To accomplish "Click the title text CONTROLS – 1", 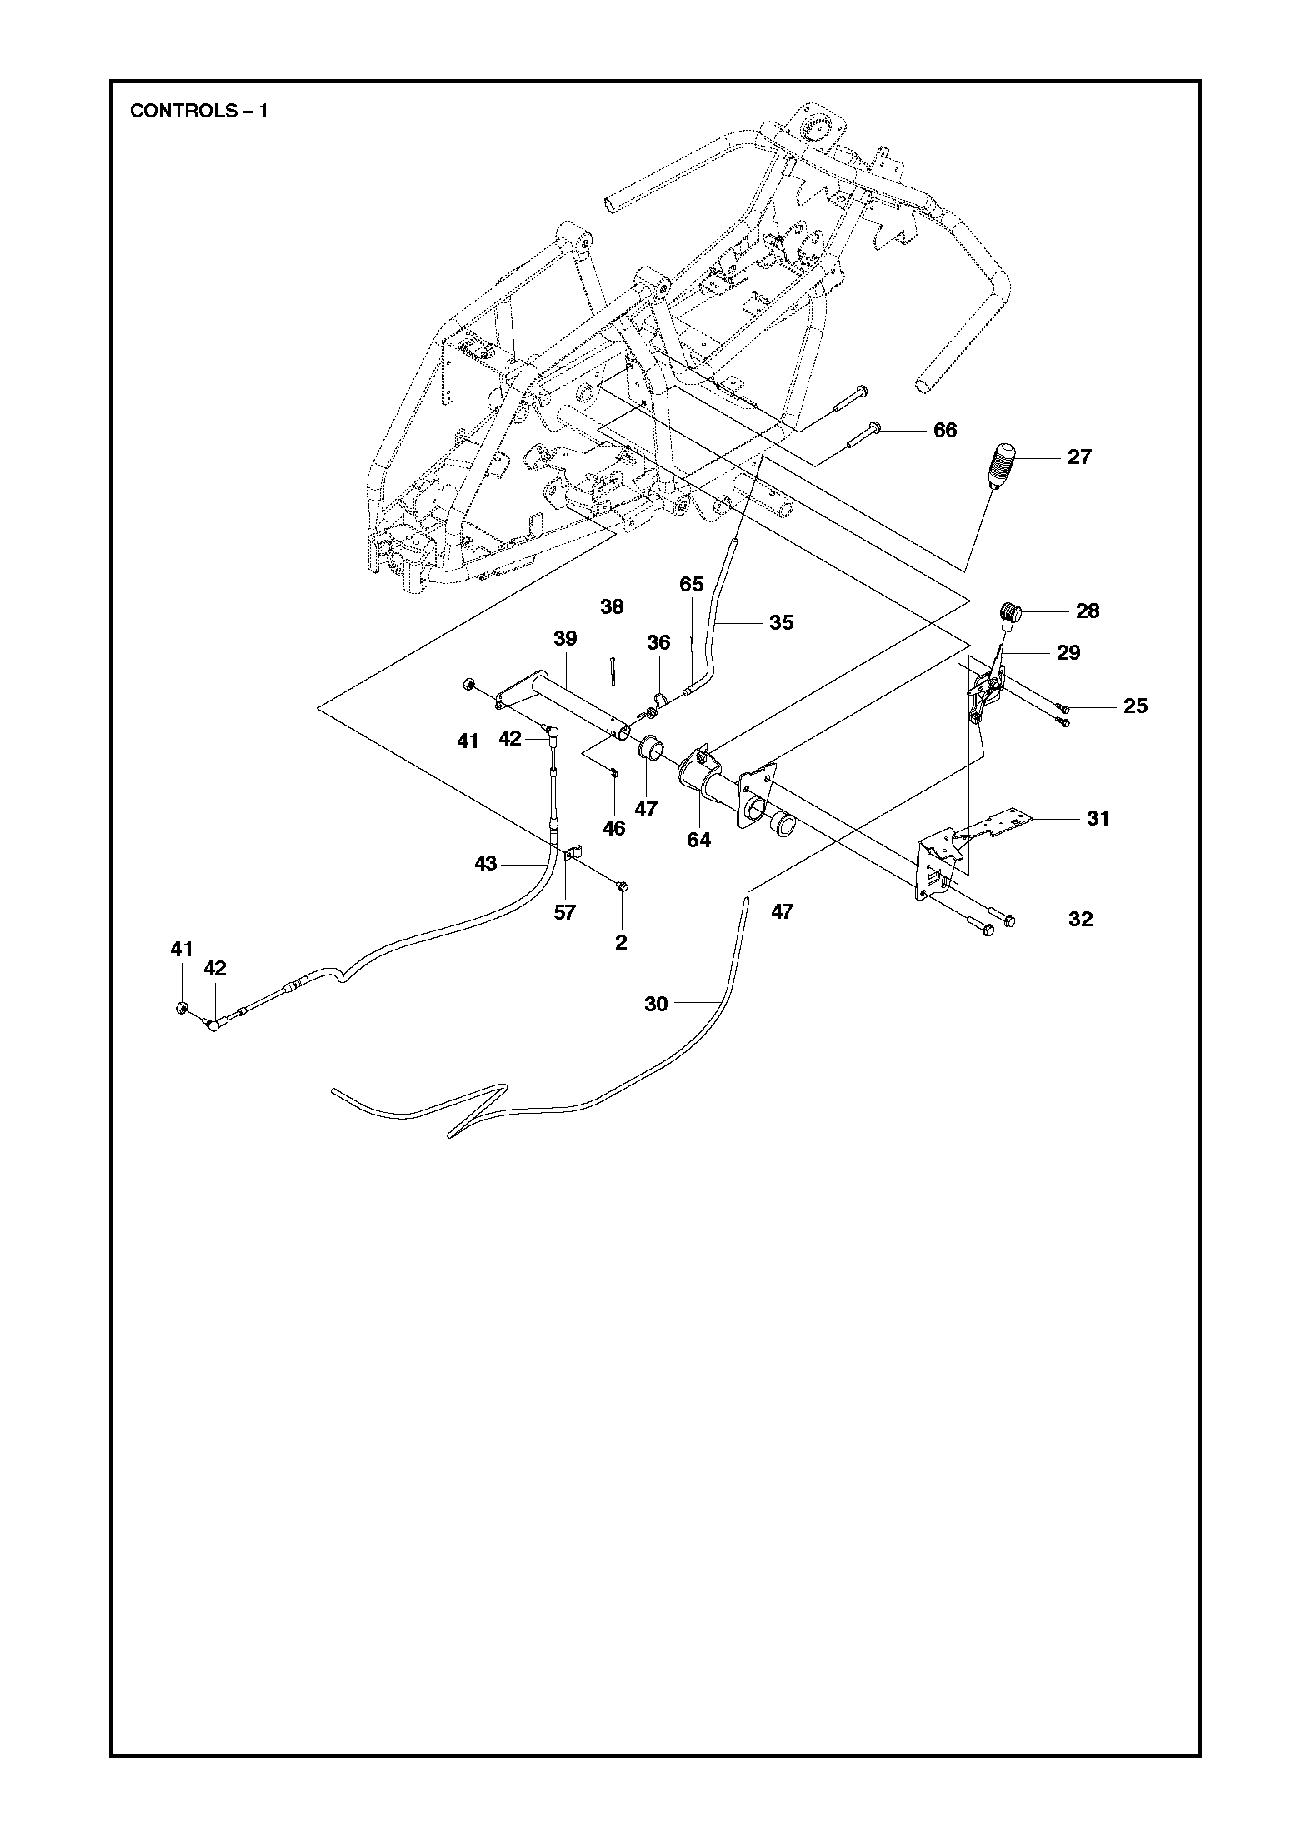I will [x=199, y=112].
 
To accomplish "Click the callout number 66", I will [x=945, y=431].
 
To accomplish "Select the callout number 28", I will [x=1088, y=611].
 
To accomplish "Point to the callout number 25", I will [x=1135, y=706].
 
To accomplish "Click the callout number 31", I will [x=1098, y=819].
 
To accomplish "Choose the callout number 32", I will [x=1080, y=920].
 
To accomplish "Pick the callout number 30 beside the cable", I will [x=656, y=1005].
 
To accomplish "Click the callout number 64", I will [x=698, y=840].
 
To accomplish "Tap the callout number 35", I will [x=781, y=622].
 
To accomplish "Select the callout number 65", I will [x=691, y=584].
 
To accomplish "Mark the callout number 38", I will [x=612, y=606].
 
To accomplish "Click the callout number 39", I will [x=565, y=638].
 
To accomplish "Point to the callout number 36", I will [x=658, y=642].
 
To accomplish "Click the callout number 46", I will [x=613, y=829].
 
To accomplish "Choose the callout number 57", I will [x=564, y=912].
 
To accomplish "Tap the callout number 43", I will [x=485, y=864].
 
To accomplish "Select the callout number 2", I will [x=620, y=942].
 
